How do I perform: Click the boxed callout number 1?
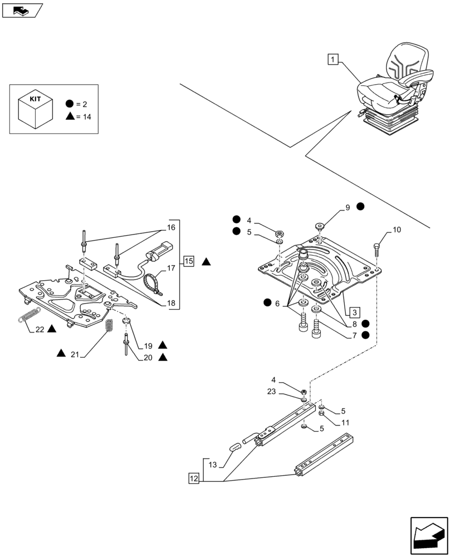pyautogui.click(x=332, y=59)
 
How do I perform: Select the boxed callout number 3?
pyautogui.click(x=355, y=311)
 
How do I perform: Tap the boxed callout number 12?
pyautogui.click(x=193, y=478)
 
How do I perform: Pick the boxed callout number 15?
pyautogui.click(x=189, y=261)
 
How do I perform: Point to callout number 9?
pyautogui.click(x=347, y=207)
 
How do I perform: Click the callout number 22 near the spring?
pyautogui.click(x=40, y=329)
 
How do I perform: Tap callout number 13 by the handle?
pyautogui.click(x=212, y=465)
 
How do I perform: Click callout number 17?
pyautogui.click(x=170, y=268)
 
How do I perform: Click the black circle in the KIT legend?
pyautogui.click(x=70, y=104)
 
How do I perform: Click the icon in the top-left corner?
pyautogui.click(x=22, y=9)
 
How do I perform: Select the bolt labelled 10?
pyautogui.click(x=377, y=248)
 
